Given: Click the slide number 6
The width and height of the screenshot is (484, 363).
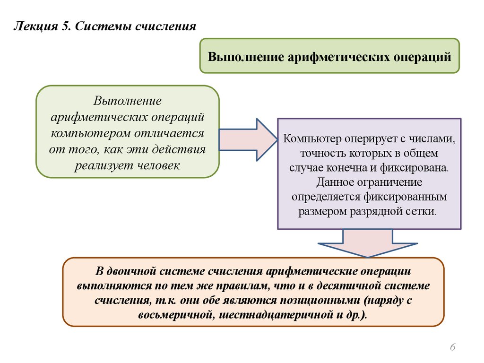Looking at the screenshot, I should coord(452,348).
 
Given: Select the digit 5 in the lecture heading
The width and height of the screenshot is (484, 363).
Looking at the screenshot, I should coord(65,26).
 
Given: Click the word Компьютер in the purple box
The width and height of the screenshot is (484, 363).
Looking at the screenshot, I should coord(312,139).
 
